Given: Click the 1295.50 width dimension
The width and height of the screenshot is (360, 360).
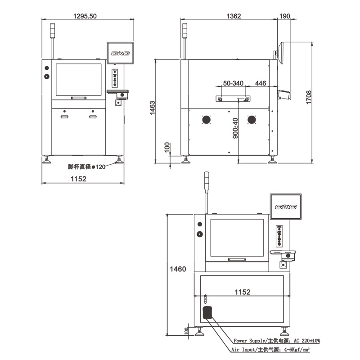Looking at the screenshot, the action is [x=85, y=16].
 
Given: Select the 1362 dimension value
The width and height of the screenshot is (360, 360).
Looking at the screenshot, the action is [x=234, y=16].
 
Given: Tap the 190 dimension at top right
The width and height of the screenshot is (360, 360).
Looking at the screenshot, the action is [x=285, y=16].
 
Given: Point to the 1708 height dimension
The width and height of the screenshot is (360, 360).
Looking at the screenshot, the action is [x=309, y=97].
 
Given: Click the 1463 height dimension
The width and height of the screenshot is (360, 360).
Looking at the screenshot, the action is [x=152, y=108].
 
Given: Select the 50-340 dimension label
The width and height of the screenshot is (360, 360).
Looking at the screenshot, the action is [x=233, y=83].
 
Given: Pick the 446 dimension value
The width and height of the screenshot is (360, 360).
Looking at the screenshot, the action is [x=261, y=83].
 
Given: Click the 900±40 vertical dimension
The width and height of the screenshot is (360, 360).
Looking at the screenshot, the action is [x=235, y=128].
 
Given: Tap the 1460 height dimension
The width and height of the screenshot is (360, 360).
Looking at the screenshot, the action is [x=178, y=269].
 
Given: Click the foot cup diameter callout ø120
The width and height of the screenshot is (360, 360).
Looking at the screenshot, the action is [x=86, y=166].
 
